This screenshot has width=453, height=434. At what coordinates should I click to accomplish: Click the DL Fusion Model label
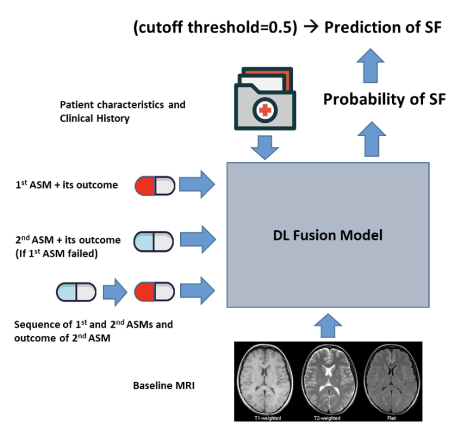pyautogui.click(x=328, y=235)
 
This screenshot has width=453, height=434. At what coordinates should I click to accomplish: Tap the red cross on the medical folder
pyautogui.click(x=265, y=110)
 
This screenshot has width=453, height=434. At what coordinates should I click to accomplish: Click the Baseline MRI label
pyautogui.click(x=164, y=386)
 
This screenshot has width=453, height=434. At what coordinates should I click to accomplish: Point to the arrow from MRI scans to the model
pyautogui.click(x=328, y=325)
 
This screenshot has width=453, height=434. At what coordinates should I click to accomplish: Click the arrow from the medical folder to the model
pyautogui.click(x=265, y=148)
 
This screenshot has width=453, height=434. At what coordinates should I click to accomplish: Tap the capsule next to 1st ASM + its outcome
pyautogui.click(x=155, y=185)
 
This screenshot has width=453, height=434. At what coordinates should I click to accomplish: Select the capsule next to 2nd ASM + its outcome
pyautogui.click(x=154, y=241)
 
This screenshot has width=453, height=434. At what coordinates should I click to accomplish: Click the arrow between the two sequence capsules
pyautogui.click(x=115, y=292)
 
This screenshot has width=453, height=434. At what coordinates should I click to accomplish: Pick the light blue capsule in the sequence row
pyautogui.click(x=76, y=292)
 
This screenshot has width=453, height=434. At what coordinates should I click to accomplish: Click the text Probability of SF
pyautogui.click(x=384, y=99)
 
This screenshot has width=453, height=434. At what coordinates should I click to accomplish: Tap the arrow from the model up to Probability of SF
pyautogui.click(x=372, y=139)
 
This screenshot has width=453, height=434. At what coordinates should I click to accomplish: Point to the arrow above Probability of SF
pyautogui.click(x=370, y=65)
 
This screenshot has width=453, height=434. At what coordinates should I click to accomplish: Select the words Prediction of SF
pyautogui.click(x=383, y=27)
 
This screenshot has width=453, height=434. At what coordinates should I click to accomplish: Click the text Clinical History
pyautogui.click(x=95, y=118)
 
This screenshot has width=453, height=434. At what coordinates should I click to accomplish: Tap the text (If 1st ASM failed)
pyautogui.click(x=56, y=253)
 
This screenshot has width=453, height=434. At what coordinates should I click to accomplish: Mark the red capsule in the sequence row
pyautogui.click(x=154, y=292)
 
